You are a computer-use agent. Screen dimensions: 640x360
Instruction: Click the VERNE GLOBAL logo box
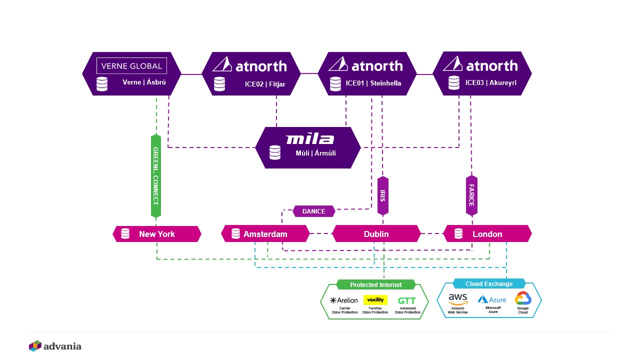131,66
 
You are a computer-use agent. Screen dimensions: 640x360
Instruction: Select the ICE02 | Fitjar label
265,84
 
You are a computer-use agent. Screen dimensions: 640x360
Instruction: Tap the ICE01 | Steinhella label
373,83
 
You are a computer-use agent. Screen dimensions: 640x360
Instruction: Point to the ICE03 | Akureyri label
491,82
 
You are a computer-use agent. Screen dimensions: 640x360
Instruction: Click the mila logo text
309,139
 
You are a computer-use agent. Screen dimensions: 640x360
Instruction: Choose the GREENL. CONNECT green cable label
156,175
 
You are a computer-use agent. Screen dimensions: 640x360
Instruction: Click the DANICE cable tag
313,211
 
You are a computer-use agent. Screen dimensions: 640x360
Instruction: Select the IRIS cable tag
383,195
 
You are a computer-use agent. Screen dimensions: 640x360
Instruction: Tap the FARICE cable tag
471,195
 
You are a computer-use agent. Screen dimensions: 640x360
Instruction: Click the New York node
157,234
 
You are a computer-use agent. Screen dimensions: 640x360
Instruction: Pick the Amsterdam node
265,233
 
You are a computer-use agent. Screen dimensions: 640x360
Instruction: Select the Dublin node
376,233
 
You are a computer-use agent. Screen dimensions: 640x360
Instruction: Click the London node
487,233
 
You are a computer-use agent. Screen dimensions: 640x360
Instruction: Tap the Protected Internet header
375,284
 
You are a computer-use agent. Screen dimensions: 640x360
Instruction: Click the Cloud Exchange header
489,283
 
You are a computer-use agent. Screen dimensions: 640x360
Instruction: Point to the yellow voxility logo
375,299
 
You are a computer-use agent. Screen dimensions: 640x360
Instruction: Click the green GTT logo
407,301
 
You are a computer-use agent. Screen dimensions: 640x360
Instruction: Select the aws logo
457,299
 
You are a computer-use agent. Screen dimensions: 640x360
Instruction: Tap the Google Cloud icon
523,298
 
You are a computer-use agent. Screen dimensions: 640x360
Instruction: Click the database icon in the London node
458,233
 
